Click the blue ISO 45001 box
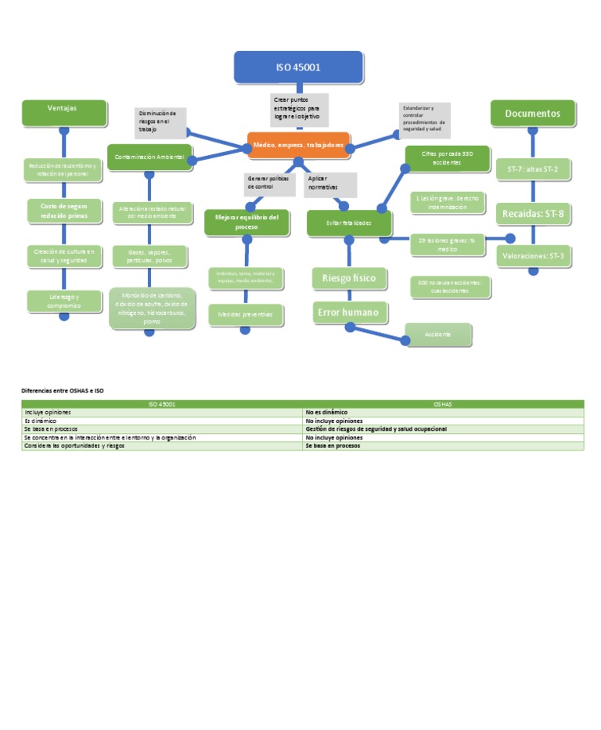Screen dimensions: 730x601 point(298,67)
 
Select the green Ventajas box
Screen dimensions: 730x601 point(64,112)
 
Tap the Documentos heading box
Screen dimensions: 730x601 point(533,113)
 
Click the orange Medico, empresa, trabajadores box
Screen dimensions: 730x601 point(298,145)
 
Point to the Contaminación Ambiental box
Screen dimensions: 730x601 point(149,157)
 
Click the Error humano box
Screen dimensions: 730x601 point(349,313)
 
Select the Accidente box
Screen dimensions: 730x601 point(437,334)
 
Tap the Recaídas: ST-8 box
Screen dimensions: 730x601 point(533,213)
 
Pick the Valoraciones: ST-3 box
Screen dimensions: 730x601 point(533,255)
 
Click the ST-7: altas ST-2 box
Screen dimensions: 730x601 point(533,169)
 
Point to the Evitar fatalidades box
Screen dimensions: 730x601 point(349,223)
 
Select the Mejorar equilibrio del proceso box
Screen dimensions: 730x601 point(247,222)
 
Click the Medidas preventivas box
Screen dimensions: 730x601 point(246,314)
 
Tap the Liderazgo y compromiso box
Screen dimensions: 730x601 point(64,301)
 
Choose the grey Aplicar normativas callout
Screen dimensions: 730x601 point(329,184)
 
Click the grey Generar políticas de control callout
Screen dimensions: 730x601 point(268,183)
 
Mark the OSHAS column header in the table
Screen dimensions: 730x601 point(443,404)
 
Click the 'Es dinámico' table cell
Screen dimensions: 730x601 point(162,421)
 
